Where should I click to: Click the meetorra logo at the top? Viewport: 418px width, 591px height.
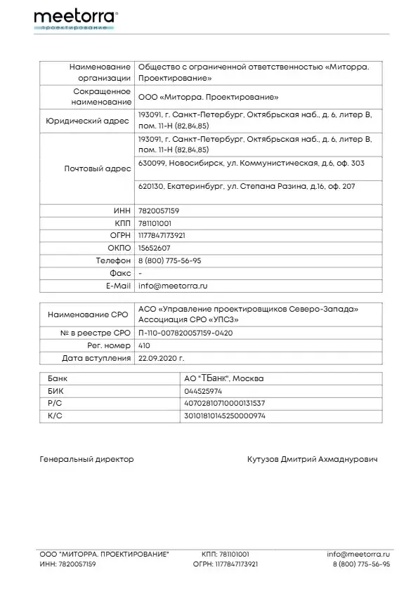(x=75, y=18)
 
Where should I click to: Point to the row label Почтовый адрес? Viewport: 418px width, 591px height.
(x=98, y=169)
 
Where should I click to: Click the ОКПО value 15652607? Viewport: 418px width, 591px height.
(x=154, y=248)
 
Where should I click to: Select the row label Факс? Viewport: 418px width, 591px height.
(x=120, y=273)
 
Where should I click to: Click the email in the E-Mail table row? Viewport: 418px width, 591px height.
(x=173, y=286)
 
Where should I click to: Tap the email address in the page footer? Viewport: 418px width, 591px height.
(x=358, y=554)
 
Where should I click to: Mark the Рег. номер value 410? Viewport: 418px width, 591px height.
(x=145, y=345)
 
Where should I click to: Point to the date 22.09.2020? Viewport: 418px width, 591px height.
(x=159, y=358)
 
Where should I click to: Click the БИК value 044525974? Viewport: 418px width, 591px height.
(x=202, y=390)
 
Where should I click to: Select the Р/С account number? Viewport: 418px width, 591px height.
(x=224, y=403)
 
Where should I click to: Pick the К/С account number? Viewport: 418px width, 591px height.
(x=224, y=416)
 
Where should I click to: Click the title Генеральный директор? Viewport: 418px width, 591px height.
(x=86, y=459)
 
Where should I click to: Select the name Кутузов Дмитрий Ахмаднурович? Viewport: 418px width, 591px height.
(x=312, y=459)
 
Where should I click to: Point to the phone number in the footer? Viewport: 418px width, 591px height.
(x=360, y=564)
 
